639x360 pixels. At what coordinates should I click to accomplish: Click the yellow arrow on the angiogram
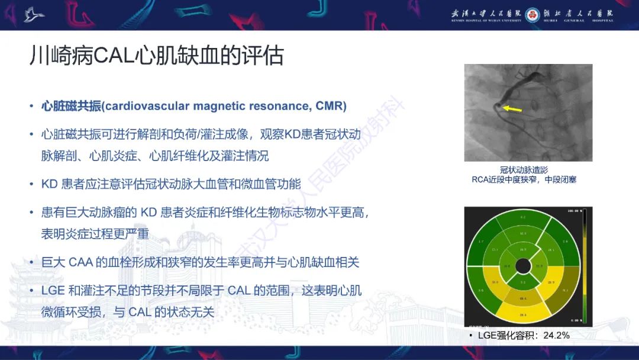pyautogui.click(x=512, y=109)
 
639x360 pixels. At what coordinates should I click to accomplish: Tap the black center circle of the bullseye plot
pyautogui.click(x=523, y=266)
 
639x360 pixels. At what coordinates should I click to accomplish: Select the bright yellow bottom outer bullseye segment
pyautogui.click(x=523, y=313)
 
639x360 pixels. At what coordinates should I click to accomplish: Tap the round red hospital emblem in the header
pyautogui.click(x=532, y=14)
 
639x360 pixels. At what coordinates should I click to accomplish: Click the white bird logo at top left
pyautogui.click(x=34, y=14)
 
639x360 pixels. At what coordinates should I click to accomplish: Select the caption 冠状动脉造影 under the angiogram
pyautogui.click(x=524, y=170)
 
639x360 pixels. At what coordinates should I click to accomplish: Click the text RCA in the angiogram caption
pyautogui.click(x=480, y=179)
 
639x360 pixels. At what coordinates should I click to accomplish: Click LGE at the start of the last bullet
pyautogui.click(x=53, y=291)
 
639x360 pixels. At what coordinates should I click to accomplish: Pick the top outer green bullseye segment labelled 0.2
pyautogui.click(x=523, y=218)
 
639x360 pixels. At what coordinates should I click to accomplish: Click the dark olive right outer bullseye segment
pyautogui.click(x=565, y=290)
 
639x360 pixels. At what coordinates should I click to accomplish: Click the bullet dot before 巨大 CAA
pyautogui.click(x=31, y=262)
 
